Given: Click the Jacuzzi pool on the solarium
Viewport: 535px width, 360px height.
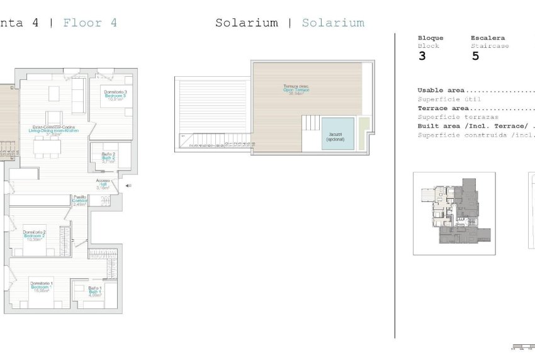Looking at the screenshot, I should [x=334, y=133].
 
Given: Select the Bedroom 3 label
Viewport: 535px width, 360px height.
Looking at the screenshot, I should [x=116, y=96].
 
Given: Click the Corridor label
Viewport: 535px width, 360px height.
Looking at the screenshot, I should [x=79, y=201].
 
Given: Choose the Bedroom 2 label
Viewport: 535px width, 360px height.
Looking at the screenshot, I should [x=34, y=236].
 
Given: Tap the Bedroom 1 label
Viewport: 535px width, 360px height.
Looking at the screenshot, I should [x=42, y=287].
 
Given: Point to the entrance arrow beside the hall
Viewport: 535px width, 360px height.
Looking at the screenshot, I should [x=128, y=186].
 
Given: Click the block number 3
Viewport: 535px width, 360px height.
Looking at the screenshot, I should [x=422, y=56].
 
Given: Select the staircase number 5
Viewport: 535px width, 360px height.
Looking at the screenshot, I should [x=475, y=56].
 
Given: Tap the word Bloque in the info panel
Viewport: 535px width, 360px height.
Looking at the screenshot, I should [x=431, y=38].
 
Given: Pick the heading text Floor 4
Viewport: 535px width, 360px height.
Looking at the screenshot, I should [x=90, y=23].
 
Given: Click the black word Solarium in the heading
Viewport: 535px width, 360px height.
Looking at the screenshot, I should [x=246, y=23].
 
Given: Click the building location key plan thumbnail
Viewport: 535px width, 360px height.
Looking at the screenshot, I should [x=454, y=213].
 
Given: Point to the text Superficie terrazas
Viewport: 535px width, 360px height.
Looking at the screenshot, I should [x=458, y=116].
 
